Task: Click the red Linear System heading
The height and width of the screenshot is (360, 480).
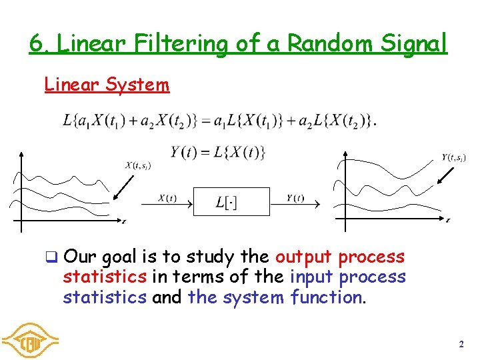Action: coord(107,85)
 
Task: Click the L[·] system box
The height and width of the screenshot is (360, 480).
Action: coord(231,202)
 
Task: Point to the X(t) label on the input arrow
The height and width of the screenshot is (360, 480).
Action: coord(167,197)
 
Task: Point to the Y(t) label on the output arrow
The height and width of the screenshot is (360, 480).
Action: coord(296,197)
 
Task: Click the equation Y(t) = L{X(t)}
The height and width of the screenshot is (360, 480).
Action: coord(218,153)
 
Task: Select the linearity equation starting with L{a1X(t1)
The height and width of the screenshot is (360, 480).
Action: coord(219,121)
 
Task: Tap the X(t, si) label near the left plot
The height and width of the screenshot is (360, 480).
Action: coord(138,165)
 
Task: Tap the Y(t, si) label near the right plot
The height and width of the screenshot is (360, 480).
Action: coord(454,157)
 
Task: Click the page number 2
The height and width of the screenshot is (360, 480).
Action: coord(461,345)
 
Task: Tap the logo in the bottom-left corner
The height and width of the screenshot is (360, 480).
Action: coord(30,340)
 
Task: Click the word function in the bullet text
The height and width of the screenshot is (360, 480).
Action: coord(328,297)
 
